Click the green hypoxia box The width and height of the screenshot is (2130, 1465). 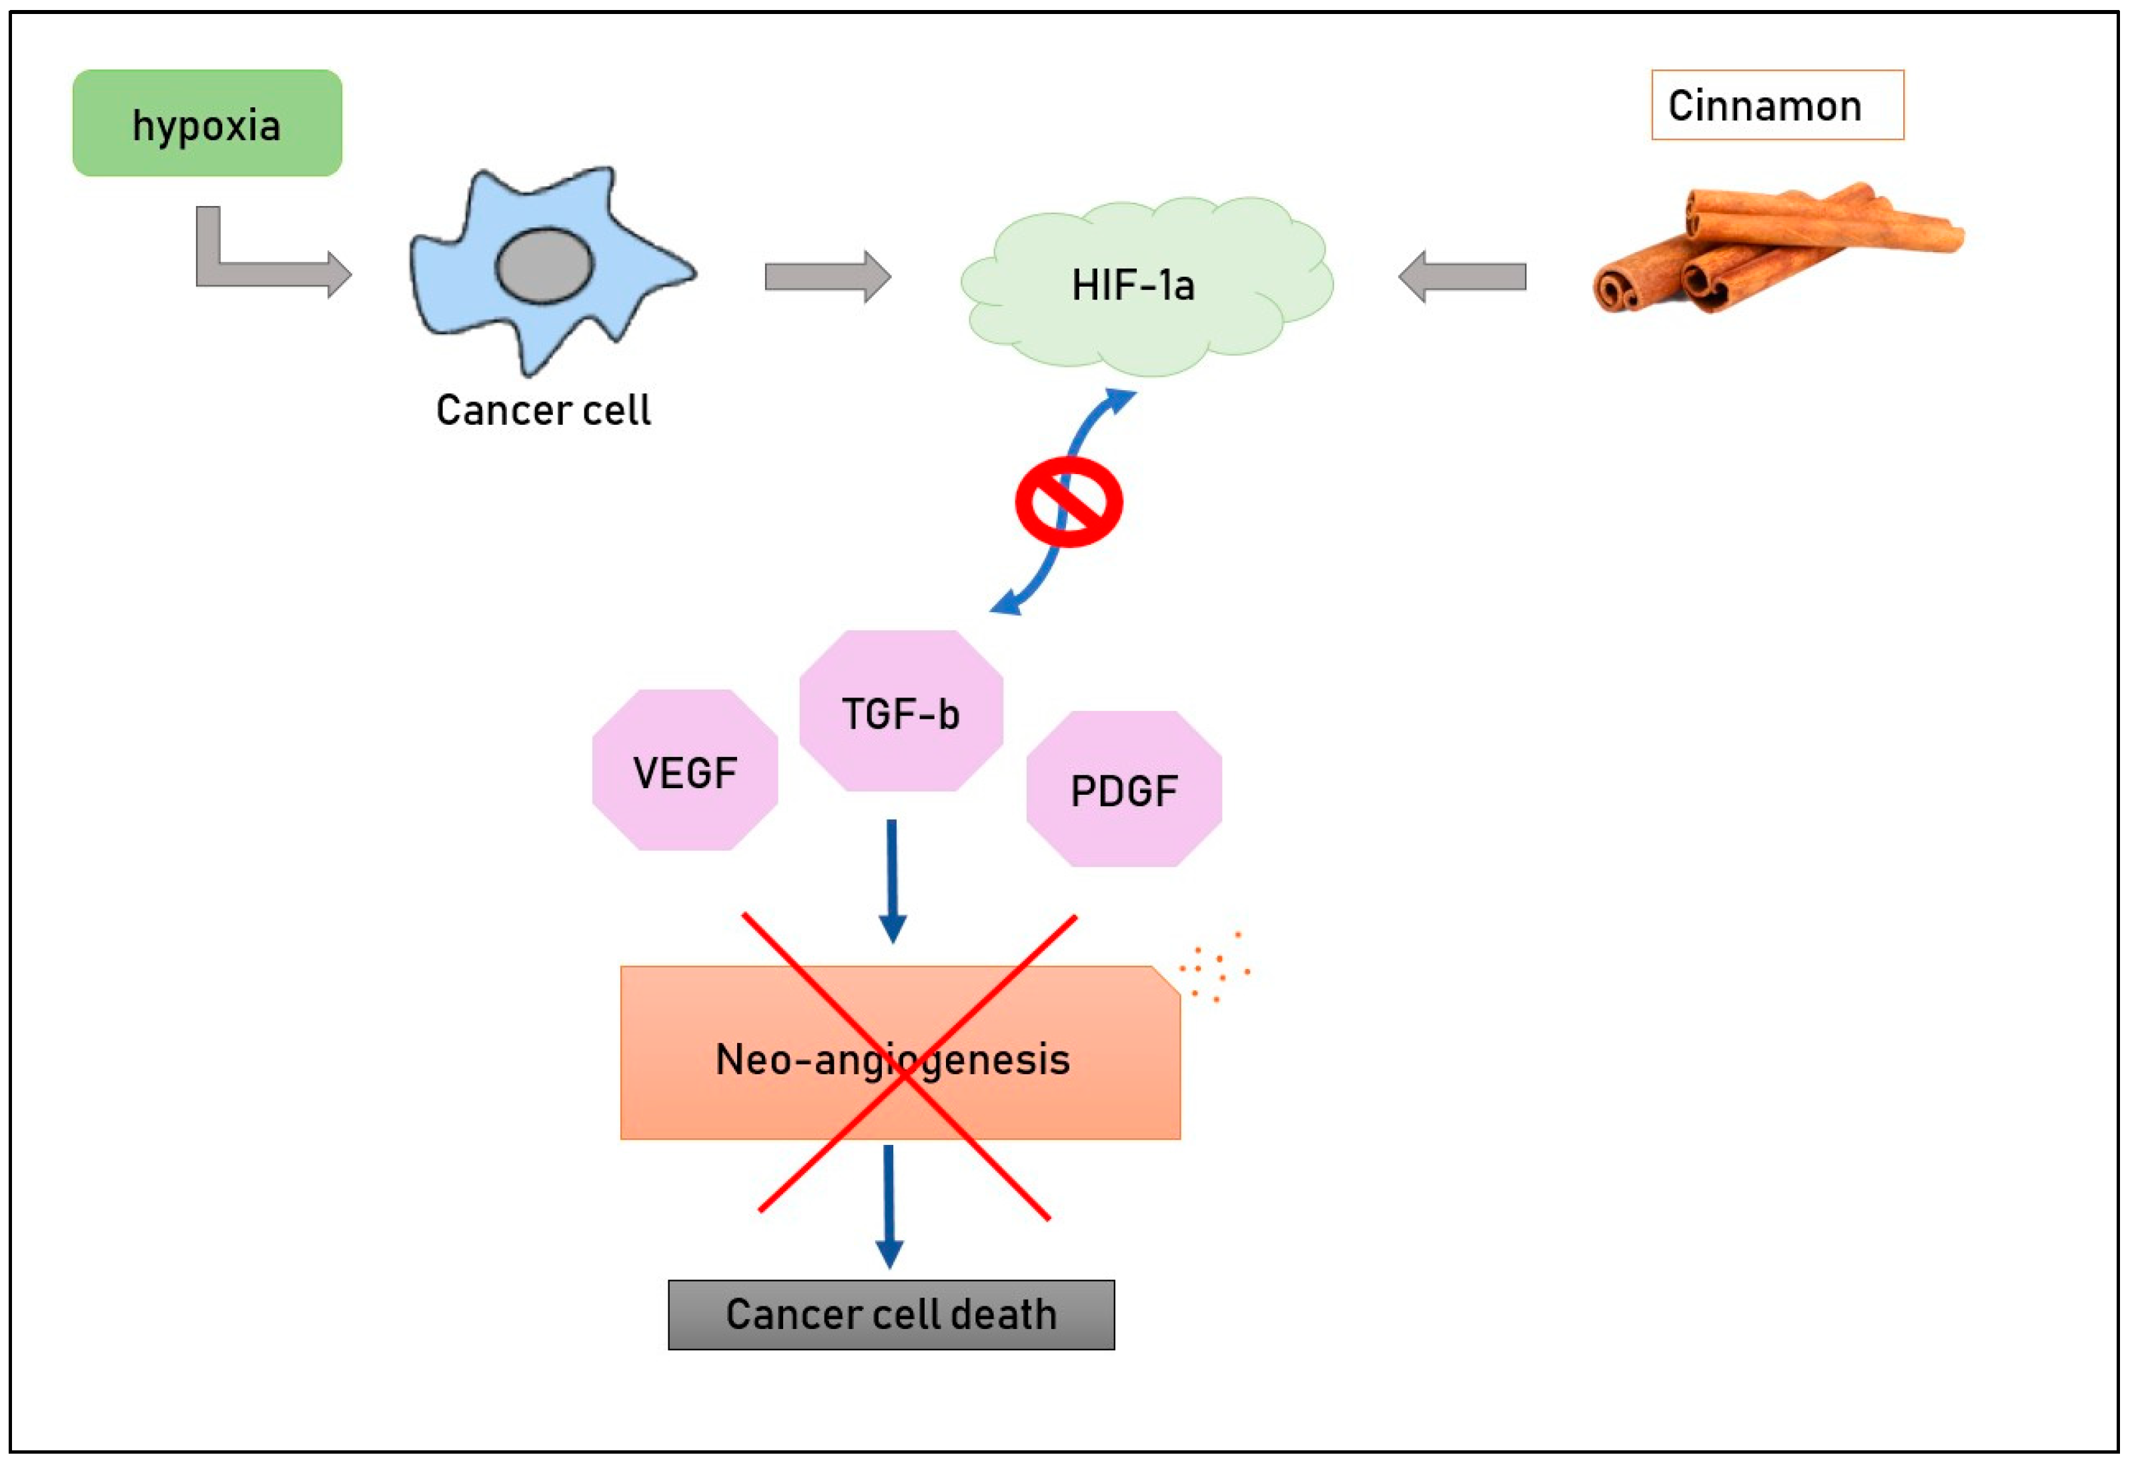(207, 123)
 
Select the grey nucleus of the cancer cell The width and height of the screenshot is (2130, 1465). (544, 266)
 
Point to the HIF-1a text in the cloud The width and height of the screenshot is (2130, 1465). (1133, 285)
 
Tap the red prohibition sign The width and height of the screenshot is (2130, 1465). (1069, 502)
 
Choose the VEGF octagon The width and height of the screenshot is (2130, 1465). (685, 771)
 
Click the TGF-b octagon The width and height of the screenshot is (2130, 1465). (901, 711)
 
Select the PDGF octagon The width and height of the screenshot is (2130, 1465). (1124, 790)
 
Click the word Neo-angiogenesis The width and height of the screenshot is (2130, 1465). (893, 1060)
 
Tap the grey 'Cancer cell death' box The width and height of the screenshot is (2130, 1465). (891, 1314)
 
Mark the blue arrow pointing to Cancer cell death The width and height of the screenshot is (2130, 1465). (889, 1207)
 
